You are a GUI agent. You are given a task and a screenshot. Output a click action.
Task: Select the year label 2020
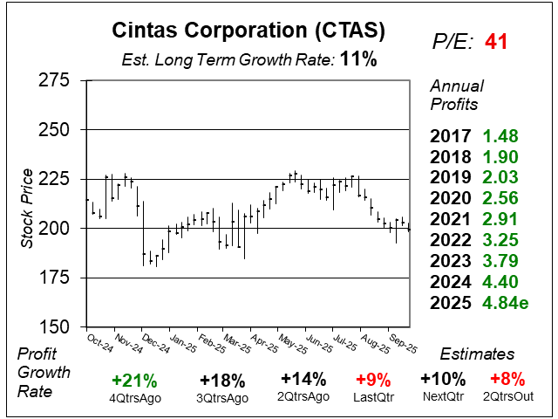(x=452, y=199)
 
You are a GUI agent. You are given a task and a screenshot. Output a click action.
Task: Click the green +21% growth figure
(x=135, y=380)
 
